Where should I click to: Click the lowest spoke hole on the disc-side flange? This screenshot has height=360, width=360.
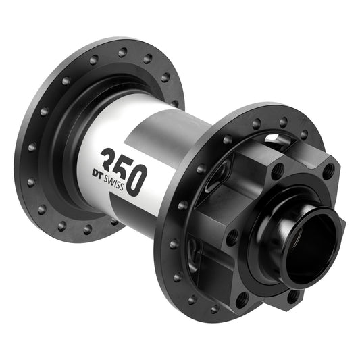coord(215,309)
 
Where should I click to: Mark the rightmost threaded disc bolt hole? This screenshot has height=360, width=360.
coord(328,171)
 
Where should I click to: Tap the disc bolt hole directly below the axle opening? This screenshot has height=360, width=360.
coord(293,295)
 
